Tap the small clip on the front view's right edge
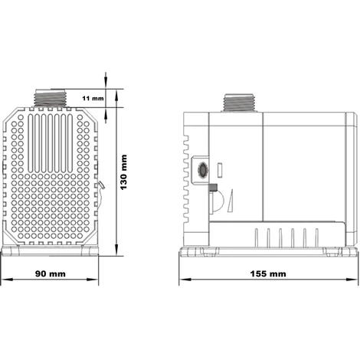pyautogui.click(x=100, y=190)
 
